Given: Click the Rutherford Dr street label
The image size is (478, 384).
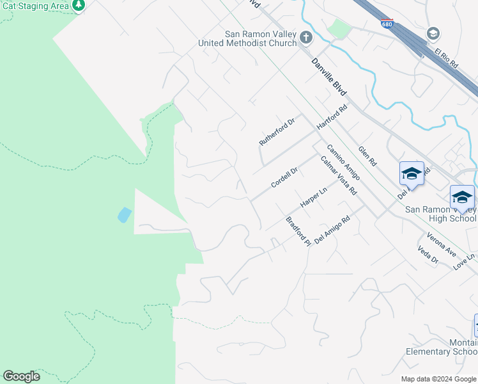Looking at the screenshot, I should [277, 131].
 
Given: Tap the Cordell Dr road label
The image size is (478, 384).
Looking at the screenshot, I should [284, 177].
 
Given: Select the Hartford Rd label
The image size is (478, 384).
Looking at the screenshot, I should [332, 118].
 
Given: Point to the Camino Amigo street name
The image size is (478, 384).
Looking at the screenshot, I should [344, 162].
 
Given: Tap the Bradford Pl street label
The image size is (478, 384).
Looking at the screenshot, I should [298, 232].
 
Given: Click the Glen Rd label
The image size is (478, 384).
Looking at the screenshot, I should [367, 155].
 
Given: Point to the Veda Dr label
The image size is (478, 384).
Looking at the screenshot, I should [428, 255].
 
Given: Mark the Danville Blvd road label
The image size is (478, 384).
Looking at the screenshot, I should [329, 77].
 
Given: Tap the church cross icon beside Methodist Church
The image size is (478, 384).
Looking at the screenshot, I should [305, 38].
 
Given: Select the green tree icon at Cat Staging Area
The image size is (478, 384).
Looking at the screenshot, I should [79, 5].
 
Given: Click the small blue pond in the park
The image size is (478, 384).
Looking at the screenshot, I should [125, 215].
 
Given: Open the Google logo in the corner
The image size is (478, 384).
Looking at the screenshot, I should [21, 376].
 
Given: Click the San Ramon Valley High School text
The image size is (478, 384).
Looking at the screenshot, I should [441, 214].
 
